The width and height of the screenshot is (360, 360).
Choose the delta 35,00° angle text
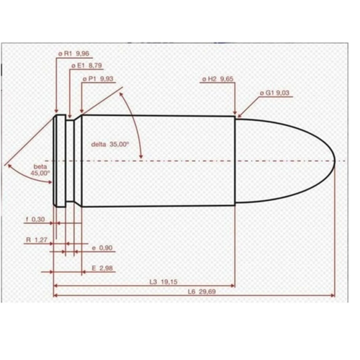coord(109,144)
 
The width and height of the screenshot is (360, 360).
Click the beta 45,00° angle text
coord(42,170)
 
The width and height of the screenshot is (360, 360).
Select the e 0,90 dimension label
coord(102,248)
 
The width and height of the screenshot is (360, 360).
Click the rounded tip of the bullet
coord(334,160)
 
